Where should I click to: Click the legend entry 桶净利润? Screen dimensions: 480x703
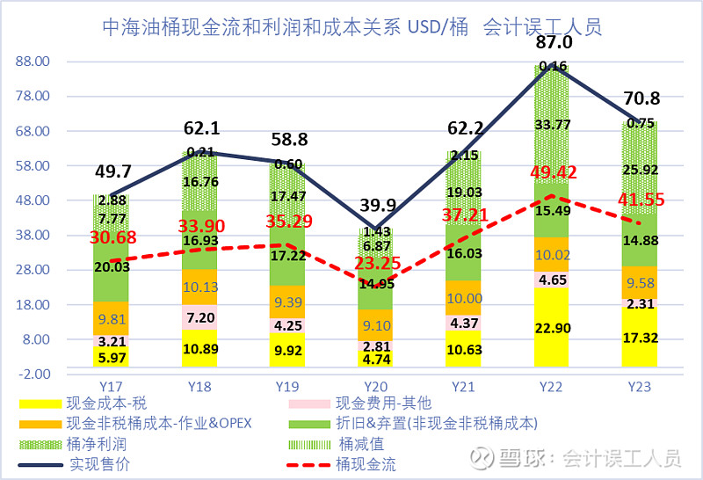[x=96, y=445]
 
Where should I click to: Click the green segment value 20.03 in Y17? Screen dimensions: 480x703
[x=112, y=267]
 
